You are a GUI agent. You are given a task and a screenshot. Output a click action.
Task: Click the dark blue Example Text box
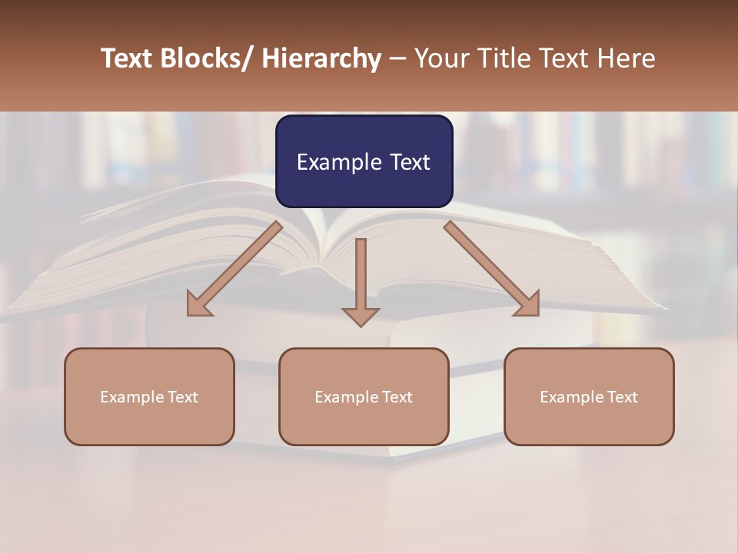(x=364, y=161)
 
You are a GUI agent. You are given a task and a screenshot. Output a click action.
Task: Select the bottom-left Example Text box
(x=149, y=396)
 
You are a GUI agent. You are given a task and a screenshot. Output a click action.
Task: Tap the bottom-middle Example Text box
(x=364, y=396)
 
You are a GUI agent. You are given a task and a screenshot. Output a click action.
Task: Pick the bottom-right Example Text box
(x=589, y=396)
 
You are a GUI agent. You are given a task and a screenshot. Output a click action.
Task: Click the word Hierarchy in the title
(x=321, y=58)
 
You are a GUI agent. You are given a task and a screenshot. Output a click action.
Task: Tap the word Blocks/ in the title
(x=211, y=58)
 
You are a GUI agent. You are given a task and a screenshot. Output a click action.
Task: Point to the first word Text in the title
(x=128, y=58)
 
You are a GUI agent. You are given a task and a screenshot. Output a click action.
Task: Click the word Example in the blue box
(x=339, y=163)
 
